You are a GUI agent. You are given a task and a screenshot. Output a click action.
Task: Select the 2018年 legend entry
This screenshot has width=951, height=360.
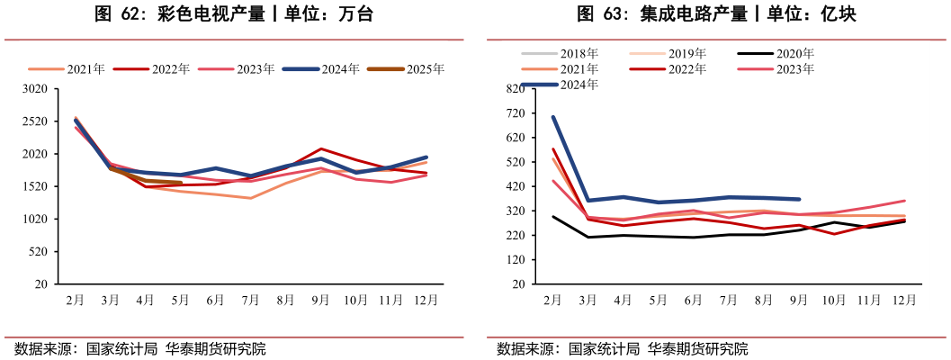pos(579,54)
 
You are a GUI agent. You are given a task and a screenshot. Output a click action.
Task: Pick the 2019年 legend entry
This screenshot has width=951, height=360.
pos(686,54)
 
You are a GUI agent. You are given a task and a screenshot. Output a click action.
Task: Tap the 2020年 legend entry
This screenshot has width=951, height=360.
pos(794,54)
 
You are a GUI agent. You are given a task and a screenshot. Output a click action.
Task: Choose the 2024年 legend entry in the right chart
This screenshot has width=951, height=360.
pos(579,85)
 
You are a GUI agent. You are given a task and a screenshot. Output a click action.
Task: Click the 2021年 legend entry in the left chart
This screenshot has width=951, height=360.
pos(85,69)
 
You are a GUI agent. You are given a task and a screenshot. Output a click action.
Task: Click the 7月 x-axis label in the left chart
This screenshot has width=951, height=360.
pos(251,300)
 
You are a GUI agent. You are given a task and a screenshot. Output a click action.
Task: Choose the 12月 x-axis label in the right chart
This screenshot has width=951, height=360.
pos(902,300)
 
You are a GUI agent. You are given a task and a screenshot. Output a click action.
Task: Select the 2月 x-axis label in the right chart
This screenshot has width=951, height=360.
pos(552,300)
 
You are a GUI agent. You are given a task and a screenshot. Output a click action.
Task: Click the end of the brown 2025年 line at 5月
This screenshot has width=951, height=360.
pos(181,183)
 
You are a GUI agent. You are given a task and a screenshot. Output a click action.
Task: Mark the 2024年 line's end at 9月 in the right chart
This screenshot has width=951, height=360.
pos(798,200)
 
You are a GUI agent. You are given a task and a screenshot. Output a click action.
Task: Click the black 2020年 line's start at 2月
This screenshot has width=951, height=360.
pos(553,217)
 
